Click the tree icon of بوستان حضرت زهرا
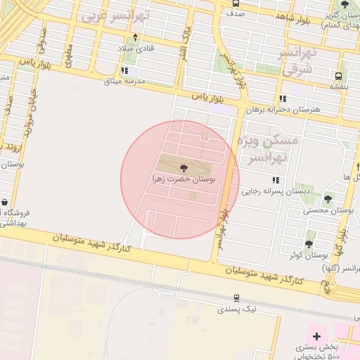pos(184,168)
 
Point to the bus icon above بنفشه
pos(339,75)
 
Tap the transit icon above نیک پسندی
pos(237,298)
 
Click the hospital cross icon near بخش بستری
pos(317,336)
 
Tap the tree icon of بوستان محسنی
pos(328,200)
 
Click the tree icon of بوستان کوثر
pos(309,244)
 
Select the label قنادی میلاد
pos(135,49)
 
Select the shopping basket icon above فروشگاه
pos(4,202)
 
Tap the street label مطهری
pos(68,56)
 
